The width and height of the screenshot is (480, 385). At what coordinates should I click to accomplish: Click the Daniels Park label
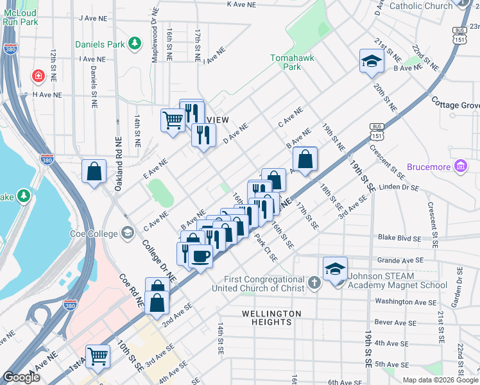(x=99, y=44)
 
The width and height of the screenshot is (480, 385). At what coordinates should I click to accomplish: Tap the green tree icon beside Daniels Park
(x=135, y=44)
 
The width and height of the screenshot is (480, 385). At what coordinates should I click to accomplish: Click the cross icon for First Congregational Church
(x=314, y=282)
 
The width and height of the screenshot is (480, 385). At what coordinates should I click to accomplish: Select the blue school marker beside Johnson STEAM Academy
(x=335, y=268)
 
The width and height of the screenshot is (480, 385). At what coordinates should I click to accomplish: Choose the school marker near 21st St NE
(x=371, y=61)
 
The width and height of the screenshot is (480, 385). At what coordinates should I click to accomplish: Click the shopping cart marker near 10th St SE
(x=98, y=355)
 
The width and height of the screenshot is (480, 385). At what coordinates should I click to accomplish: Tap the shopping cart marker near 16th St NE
(x=173, y=119)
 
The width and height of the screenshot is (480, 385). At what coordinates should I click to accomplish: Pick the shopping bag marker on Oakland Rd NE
(x=94, y=171)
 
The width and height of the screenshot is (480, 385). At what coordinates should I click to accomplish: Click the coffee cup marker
(x=200, y=256)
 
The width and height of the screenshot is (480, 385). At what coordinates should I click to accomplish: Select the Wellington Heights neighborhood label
(x=271, y=318)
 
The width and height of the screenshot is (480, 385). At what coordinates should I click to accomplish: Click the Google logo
(x=22, y=378)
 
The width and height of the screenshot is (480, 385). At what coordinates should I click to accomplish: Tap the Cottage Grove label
(x=456, y=104)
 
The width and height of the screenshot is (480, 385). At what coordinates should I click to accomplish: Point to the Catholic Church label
(x=421, y=6)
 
